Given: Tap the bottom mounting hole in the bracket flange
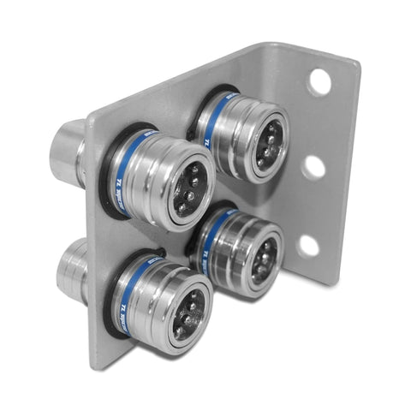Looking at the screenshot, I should pos(308,247).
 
